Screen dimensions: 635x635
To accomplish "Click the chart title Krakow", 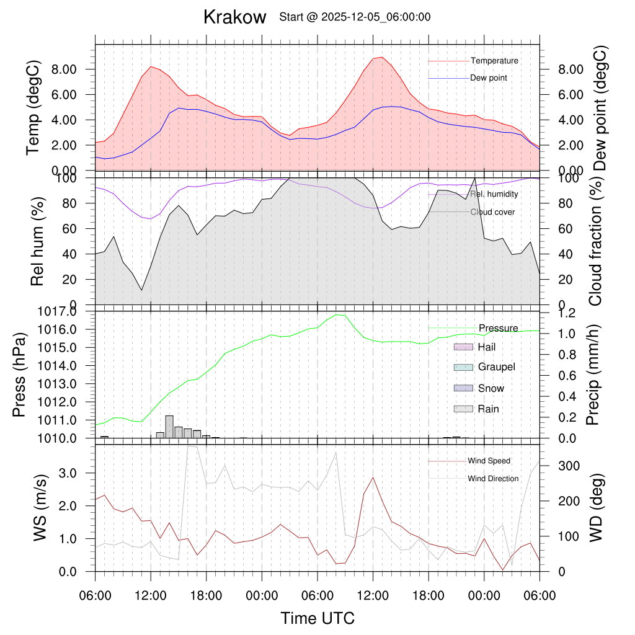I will coord(234,17).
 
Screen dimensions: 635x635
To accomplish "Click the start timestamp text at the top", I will coord(355,17).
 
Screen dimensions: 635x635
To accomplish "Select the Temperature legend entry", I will coord(494,61).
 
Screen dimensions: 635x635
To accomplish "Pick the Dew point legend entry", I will coord(489,78).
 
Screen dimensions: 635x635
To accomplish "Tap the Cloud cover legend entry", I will coord(492,212).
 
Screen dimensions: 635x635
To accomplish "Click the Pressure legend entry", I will coord(498,328).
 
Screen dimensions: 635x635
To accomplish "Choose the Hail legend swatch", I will coord(464,347).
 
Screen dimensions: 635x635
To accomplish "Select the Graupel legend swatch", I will coord(464,367).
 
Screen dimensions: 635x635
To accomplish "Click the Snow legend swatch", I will coord(464,388).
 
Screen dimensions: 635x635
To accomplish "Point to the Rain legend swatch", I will coord(464,409).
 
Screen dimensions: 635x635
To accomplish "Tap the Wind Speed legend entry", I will coord(489,461).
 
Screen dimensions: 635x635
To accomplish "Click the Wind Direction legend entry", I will coord(493,479).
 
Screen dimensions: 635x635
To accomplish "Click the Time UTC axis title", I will coord(317,618).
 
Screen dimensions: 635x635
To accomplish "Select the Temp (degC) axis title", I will coord(35,107).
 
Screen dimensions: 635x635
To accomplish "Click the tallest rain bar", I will coord(169,427).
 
